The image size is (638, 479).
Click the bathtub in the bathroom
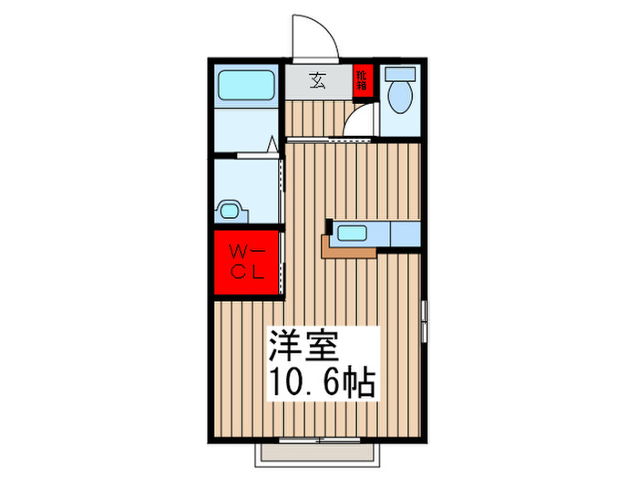click(x=246, y=87)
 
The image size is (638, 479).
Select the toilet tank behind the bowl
click(x=399, y=76)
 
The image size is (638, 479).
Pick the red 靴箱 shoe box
click(x=362, y=81)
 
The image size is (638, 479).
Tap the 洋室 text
click(x=303, y=349)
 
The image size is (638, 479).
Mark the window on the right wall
click(x=424, y=318)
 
